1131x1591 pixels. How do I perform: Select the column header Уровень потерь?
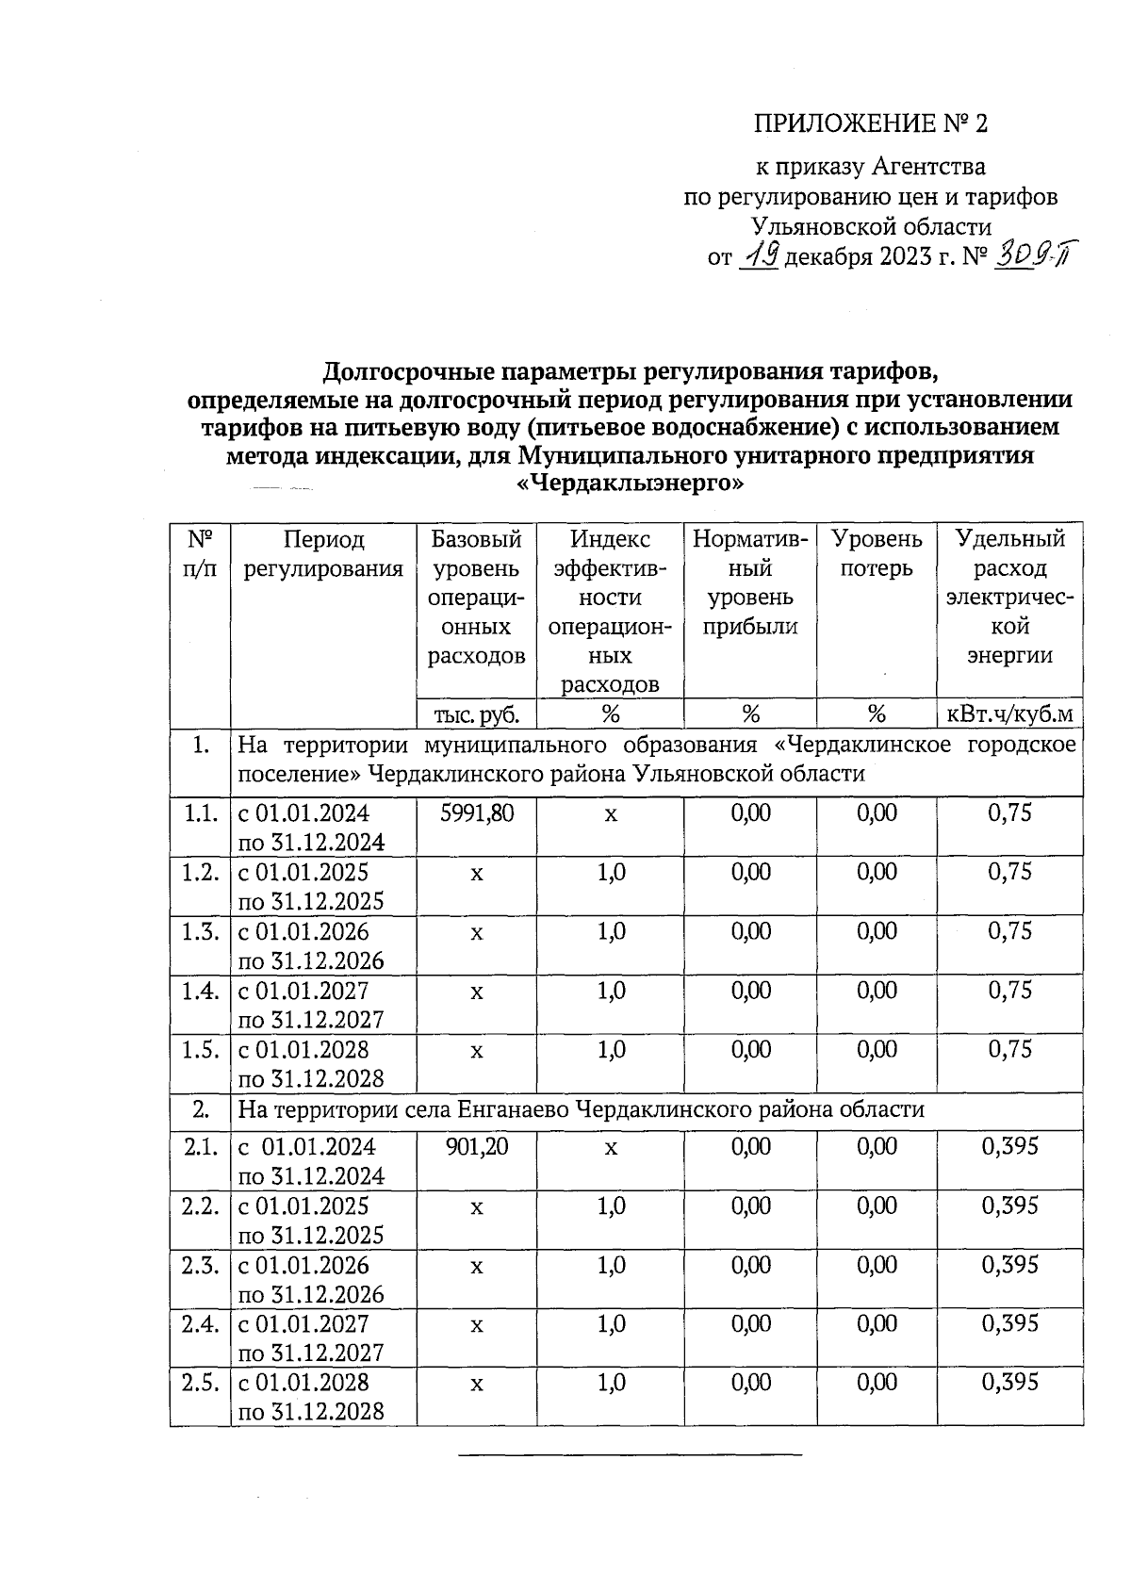pyautogui.click(x=877, y=554)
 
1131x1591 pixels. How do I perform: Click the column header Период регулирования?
pyautogui.click(x=323, y=554)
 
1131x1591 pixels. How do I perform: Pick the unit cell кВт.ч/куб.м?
pyautogui.click(x=1009, y=714)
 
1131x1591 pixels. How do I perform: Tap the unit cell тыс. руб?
pyautogui.click(x=476, y=714)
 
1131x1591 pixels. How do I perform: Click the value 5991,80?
pyautogui.click(x=477, y=812)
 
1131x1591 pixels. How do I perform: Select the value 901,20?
pyautogui.click(x=477, y=1147)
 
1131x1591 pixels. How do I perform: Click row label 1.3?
pyautogui.click(x=201, y=931)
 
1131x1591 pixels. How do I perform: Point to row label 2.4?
pyautogui.click(x=201, y=1324)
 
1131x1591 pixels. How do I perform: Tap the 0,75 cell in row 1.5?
pyautogui.click(x=1009, y=1049)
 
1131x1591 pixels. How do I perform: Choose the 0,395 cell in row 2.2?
pyautogui.click(x=1009, y=1206)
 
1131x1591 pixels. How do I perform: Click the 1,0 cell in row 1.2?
pyautogui.click(x=611, y=872)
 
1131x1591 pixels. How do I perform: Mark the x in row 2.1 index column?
pyautogui.click(x=611, y=1147)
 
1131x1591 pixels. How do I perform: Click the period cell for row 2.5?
pyautogui.click(x=311, y=1397)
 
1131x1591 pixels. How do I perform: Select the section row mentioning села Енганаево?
pyautogui.click(x=581, y=1109)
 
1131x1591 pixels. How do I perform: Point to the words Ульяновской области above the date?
pyautogui.click(x=871, y=226)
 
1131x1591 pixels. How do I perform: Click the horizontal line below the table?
pyautogui.click(x=630, y=1456)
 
